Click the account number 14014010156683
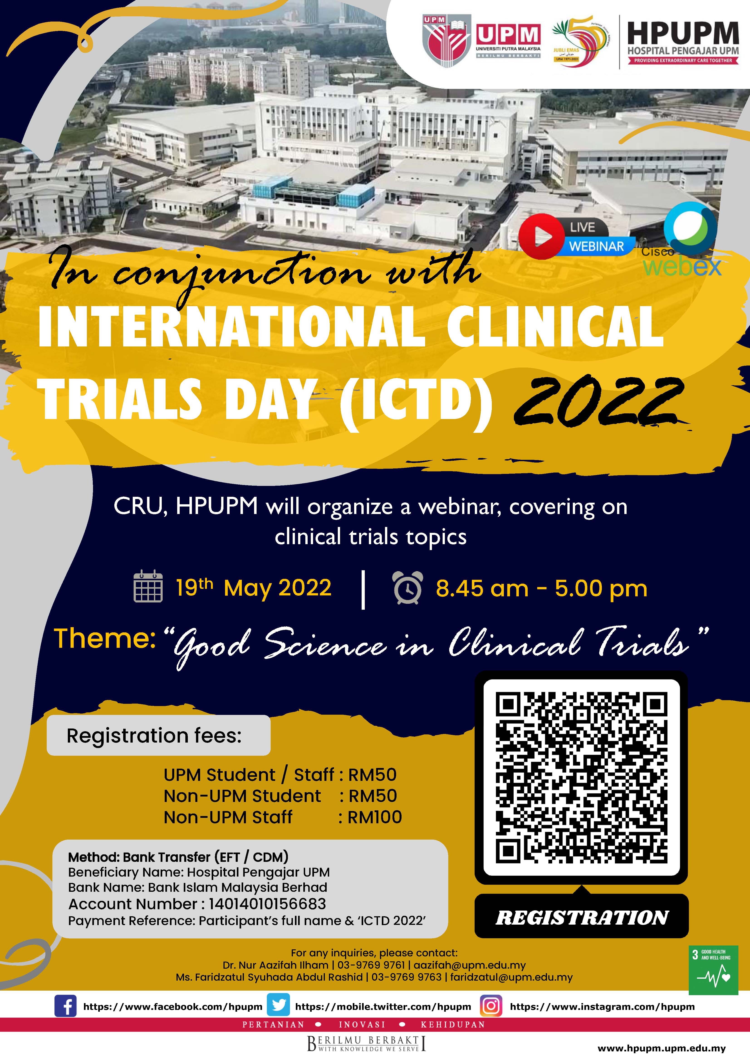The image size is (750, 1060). point(267,904)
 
